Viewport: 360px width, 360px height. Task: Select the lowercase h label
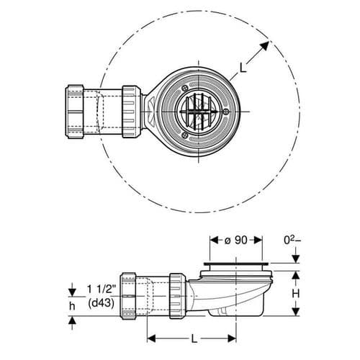(x=72, y=305)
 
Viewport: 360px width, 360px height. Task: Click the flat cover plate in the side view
(x=238, y=267)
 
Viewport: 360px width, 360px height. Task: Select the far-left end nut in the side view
(x=129, y=295)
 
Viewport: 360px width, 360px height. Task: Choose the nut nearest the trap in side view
(x=176, y=295)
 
